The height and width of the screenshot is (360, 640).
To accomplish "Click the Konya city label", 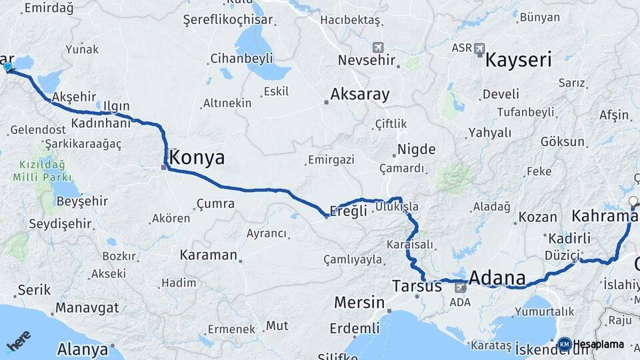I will point(197,157).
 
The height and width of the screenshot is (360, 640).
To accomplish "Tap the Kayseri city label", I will point(518,60).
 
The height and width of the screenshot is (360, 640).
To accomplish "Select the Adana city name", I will point(497,277).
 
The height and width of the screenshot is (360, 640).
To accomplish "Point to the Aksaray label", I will point(359,94).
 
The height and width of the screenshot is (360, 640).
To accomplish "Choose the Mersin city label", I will point(359,302).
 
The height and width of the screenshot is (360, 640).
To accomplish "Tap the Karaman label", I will point(208,255).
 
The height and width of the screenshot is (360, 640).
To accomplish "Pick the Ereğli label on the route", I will point(349,211).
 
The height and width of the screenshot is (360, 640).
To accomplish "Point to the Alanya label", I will point(83,349).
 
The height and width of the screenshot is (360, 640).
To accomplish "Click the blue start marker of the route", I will point(7,67).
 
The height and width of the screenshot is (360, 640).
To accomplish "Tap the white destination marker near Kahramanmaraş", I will point(633,200).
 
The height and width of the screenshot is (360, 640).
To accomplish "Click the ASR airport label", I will point(461,48).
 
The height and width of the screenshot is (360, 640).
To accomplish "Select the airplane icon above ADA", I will point(461,287).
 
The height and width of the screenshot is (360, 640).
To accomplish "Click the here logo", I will point(19,341).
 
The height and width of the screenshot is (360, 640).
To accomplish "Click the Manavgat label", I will point(87,307).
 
